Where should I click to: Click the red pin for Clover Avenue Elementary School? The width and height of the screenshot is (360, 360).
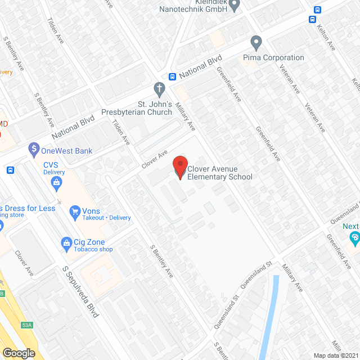(180, 167)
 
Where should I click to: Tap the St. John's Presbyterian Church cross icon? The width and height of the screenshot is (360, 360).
(159, 88)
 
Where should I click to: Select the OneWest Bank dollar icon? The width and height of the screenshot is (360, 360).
(34, 150)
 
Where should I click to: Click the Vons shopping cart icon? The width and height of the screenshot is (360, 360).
(74, 211)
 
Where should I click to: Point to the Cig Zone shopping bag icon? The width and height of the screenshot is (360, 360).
(66, 242)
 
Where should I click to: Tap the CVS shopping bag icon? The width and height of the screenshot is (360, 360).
(56, 182)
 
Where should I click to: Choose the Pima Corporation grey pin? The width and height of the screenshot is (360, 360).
(256, 43)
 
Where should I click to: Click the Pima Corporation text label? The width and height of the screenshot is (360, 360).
(273, 57)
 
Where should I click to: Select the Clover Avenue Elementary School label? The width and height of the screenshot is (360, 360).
(219, 173)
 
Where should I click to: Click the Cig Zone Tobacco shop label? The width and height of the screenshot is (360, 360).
(93, 245)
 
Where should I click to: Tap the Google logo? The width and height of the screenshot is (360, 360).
(18, 353)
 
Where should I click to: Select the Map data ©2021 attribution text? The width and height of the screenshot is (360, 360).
(335, 355)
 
